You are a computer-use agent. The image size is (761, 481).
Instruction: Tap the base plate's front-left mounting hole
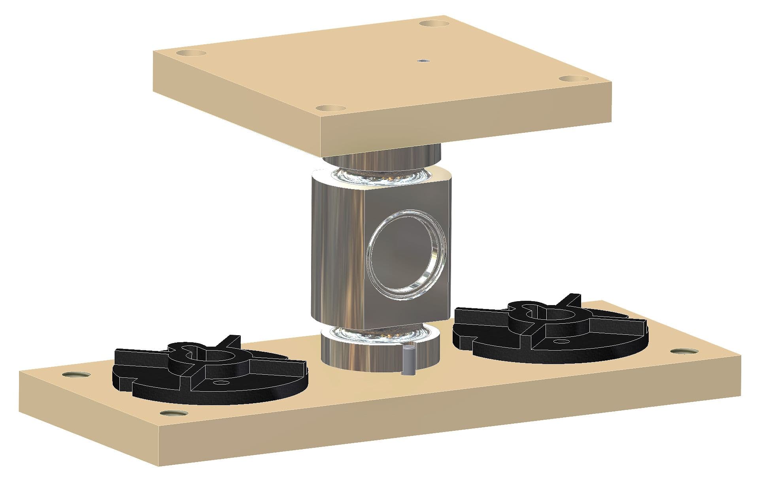[174, 413]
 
